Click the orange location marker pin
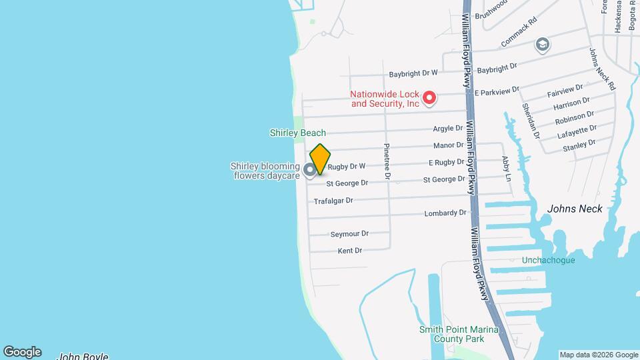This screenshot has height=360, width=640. (320, 159)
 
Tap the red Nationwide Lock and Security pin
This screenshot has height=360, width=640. (430, 99)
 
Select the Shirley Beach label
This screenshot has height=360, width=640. (297, 133)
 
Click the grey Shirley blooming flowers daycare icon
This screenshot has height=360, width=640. (310, 170)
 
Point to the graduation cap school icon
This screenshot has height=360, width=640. (543, 45)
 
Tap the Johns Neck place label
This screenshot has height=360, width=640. (575, 209)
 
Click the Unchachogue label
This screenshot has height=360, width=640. (548, 260)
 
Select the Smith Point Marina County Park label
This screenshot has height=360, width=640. (461, 334)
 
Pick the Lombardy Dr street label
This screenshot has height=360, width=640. (445, 213)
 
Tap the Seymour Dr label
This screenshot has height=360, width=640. (349, 234)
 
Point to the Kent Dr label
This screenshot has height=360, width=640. (350, 251)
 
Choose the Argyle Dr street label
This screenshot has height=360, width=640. (448, 128)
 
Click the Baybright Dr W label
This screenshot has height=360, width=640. (413, 73)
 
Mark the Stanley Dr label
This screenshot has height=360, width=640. (579, 145)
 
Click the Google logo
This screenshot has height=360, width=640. (22, 351)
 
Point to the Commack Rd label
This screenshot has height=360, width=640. (519, 32)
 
